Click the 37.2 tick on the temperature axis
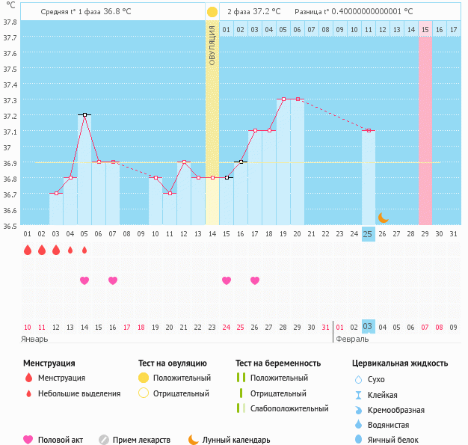coord(10,116)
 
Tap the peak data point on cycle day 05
coord(84,115)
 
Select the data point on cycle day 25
coord(368,131)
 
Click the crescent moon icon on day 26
coord(383,217)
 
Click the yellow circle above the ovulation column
coord(212,12)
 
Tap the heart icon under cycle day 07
coord(113,280)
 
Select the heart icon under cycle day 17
coord(255,280)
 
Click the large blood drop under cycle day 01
coord(28,251)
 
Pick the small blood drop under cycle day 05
coord(84,251)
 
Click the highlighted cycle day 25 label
coord(368,234)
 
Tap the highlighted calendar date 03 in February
coord(368,327)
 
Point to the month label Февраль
coord(352,339)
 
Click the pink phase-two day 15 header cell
coord(425,29)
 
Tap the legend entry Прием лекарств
coord(141,441)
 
